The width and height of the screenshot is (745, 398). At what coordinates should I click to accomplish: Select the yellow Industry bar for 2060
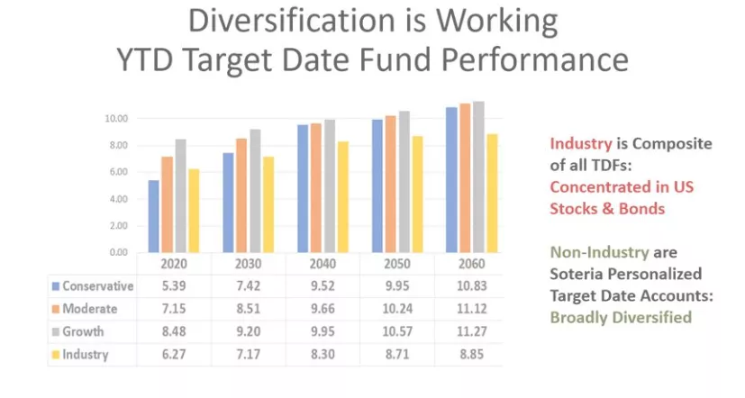492,193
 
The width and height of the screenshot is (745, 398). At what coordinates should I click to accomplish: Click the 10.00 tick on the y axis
115,119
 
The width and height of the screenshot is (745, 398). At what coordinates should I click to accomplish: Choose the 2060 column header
471,265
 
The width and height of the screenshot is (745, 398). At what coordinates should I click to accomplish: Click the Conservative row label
98,286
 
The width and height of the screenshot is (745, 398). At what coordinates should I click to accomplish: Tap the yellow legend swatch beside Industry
56,354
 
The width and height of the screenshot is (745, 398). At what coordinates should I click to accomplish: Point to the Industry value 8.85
471,354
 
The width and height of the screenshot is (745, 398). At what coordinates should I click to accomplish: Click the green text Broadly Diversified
622,317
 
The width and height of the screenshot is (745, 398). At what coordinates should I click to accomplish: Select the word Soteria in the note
578,274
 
